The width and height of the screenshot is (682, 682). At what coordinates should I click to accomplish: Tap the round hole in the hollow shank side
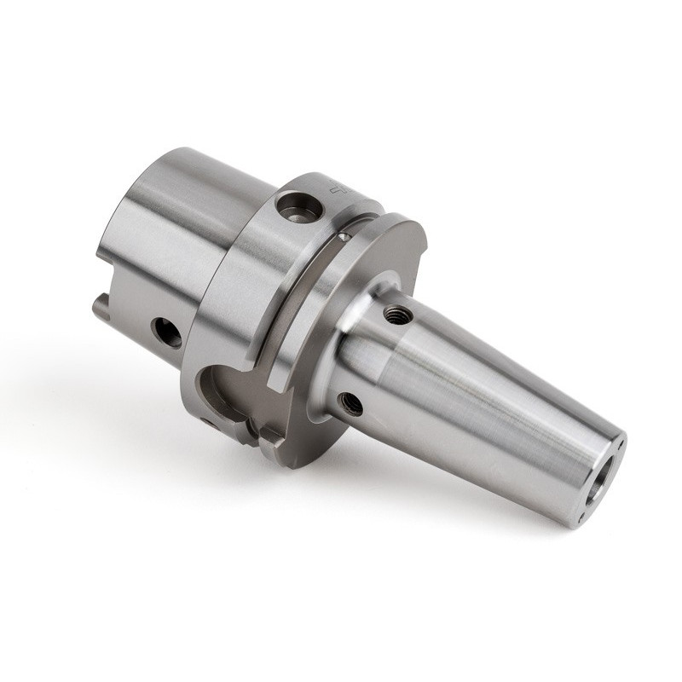[166, 332]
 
